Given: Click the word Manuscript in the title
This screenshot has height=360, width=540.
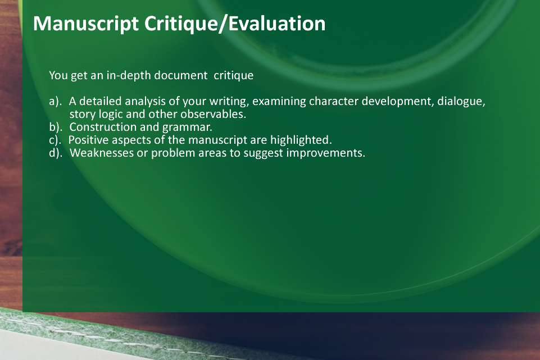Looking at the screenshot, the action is coord(86,24).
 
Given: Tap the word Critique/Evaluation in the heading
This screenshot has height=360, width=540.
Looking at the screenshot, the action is coord(235,24).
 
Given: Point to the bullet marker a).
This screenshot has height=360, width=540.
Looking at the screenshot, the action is coord(56,102).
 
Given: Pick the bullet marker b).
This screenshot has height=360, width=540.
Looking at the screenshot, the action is coord(56,127).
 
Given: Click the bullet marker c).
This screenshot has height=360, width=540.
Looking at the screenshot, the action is coord(55,140).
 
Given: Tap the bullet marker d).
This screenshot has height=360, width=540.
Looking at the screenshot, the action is coord(56,153).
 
